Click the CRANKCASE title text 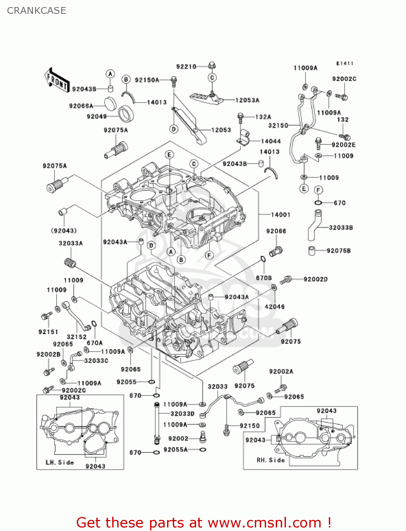(36, 11)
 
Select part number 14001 (280, 215)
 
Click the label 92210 (186, 67)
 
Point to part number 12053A (247, 100)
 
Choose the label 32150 (278, 125)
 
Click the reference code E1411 (344, 63)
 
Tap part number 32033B (341, 228)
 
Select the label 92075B (338, 251)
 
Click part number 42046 (274, 307)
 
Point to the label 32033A (70, 243)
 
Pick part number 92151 (48, 332)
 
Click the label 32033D (182, 413)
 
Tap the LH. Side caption (60, 462)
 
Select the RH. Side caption (270, 460)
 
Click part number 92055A (176, 450)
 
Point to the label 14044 (271, 141)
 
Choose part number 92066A (81, 106)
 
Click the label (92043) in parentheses (64, 231)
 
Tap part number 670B (264, 278)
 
